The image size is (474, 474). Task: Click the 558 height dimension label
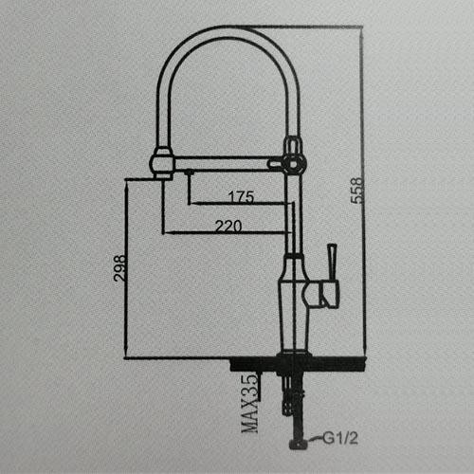click(x=357, y=191)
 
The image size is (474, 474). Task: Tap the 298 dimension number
click(x=120, y=267)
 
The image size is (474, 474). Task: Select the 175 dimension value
click(x=241, y=196)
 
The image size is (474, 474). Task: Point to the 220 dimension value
click(x=228, y=226)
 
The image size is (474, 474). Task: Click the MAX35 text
click(x=250, y=404)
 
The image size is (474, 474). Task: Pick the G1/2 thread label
click(x=340, y=438)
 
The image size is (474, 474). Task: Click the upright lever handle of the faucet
click(x=332, y=262)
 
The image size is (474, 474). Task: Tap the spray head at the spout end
click(x=162, y=164)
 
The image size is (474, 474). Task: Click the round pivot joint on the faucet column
click(x=294, y=164)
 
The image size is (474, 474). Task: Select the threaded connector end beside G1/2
click(x=299, y=443)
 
